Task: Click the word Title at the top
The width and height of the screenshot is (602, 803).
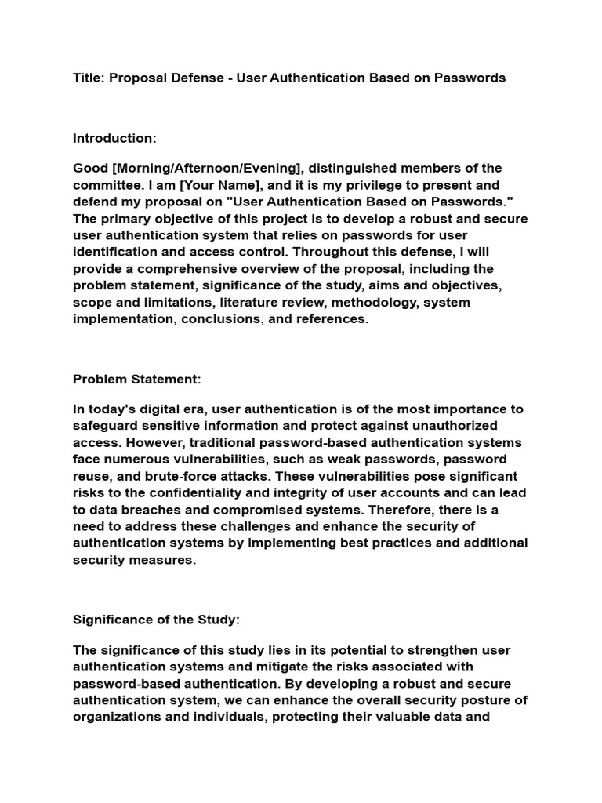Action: click(88, 77)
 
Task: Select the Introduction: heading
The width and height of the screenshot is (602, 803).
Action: click(114, 138)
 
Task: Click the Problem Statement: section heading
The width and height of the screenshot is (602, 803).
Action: click(137, 379)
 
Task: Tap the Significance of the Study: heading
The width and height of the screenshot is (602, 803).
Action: click(156, 620)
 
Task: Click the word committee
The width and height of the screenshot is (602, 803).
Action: click(106, 185)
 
